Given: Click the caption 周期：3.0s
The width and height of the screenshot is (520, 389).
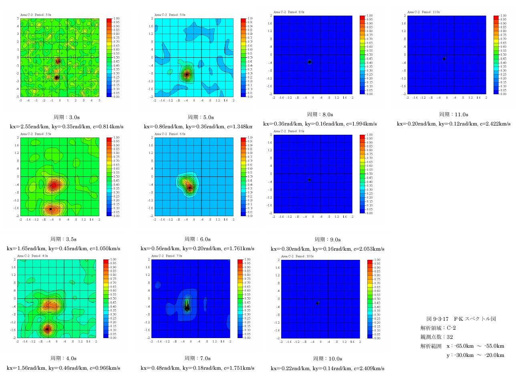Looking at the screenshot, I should point(67,117).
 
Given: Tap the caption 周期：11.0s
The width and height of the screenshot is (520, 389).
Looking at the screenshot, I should point(453,114).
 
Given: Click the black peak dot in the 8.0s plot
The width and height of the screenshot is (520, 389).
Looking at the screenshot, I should point(310,62).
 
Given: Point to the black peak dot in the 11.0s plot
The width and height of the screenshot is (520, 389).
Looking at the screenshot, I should point(444,59).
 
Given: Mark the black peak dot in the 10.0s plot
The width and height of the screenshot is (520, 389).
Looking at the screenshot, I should point(317,303).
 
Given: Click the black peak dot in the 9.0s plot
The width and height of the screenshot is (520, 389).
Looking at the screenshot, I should point(309,180).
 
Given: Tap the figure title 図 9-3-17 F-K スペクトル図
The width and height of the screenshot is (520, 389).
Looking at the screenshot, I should point(461,319).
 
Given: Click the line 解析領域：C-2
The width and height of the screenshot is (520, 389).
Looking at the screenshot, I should point(438,328).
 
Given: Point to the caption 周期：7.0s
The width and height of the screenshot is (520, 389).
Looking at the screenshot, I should point(198,358).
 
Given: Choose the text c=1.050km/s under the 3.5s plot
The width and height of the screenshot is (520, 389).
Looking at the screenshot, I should point(106,249).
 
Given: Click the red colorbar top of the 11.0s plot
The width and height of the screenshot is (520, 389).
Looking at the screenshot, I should point(496,17).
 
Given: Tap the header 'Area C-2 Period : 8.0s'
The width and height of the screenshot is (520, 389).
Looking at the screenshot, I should point(289,12).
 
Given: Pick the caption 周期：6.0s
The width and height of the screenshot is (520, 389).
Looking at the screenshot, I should point(198,239).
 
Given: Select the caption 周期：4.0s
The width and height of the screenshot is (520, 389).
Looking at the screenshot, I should point(63,358).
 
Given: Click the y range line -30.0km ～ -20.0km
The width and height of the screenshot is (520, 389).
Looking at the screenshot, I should point(476,355).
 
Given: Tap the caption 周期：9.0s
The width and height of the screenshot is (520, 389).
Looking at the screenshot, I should point(327,239).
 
